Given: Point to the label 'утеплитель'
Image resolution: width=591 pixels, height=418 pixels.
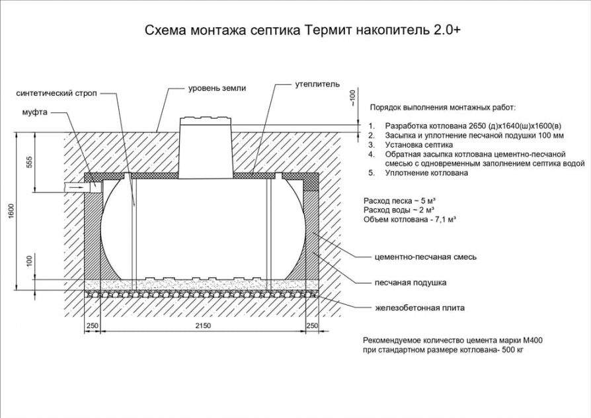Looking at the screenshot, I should pos(317,85).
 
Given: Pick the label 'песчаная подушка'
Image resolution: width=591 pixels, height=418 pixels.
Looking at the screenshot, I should pos(410,282).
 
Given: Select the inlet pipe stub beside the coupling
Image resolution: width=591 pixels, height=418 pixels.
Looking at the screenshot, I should pos(73,187).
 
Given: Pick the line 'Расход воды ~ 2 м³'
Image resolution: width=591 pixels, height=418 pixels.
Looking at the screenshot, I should pos(399,208).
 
